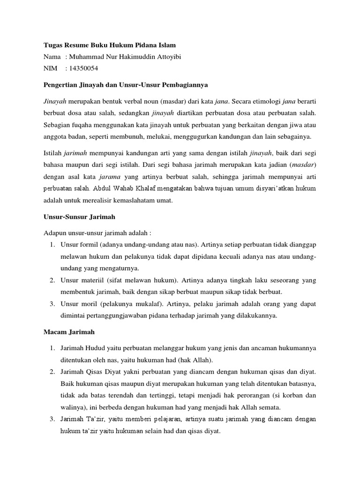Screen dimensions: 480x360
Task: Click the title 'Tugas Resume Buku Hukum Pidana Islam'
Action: [x=110, y=45]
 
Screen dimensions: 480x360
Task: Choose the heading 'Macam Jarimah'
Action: [x=69, y=331]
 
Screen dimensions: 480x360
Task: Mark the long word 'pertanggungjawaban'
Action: [x=121, y=315]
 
